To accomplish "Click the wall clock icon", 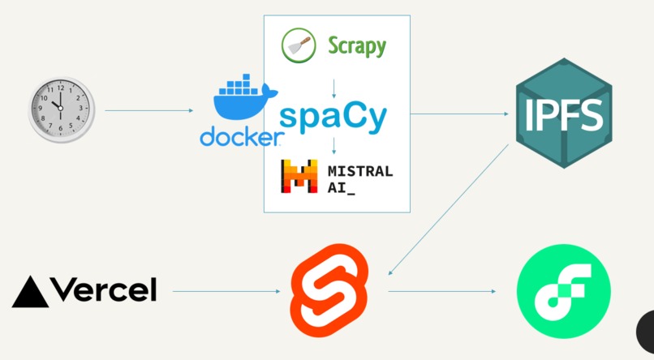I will [62, 109].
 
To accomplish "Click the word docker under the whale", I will [239, 137].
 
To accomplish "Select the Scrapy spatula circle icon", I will [298, 45].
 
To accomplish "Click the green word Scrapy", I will [357, 45].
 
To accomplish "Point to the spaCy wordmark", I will [333, 117].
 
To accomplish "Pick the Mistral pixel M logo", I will [298, 178].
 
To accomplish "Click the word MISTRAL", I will [360, 171].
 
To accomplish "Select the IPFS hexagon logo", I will [564, 114].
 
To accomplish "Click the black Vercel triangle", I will [31, 292].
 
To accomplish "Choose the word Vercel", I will [103, 289].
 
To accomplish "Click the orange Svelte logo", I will [331, 289].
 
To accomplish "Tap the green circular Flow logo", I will [564, 291].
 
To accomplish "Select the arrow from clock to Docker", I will [150, 110].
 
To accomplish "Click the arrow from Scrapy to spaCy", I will [334, 88].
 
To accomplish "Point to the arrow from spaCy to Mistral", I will [334, 147].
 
